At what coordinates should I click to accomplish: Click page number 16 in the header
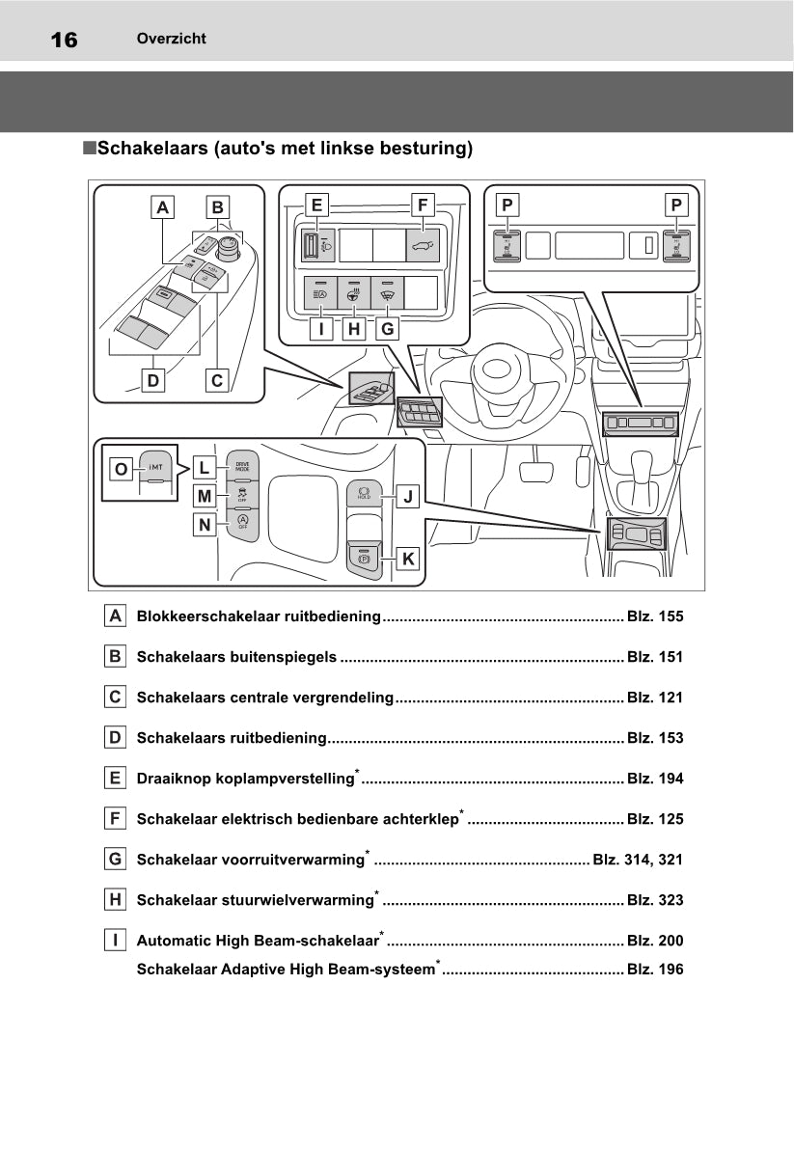[64, 40]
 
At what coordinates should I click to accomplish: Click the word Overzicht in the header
[171, 39]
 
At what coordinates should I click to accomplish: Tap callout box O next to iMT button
[121, 469]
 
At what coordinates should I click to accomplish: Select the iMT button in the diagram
[155, 470]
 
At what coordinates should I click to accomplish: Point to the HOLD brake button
[365, 495]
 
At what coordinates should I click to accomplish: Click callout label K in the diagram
[408, 558]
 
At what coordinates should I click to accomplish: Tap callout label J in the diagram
[408, 498]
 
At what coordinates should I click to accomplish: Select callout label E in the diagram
[315, 205]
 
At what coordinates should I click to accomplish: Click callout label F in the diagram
[421, 205]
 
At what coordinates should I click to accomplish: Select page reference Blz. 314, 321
[638, 860]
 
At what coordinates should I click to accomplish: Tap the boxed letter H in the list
[115, 900]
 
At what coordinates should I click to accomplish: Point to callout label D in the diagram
[152, 380]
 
